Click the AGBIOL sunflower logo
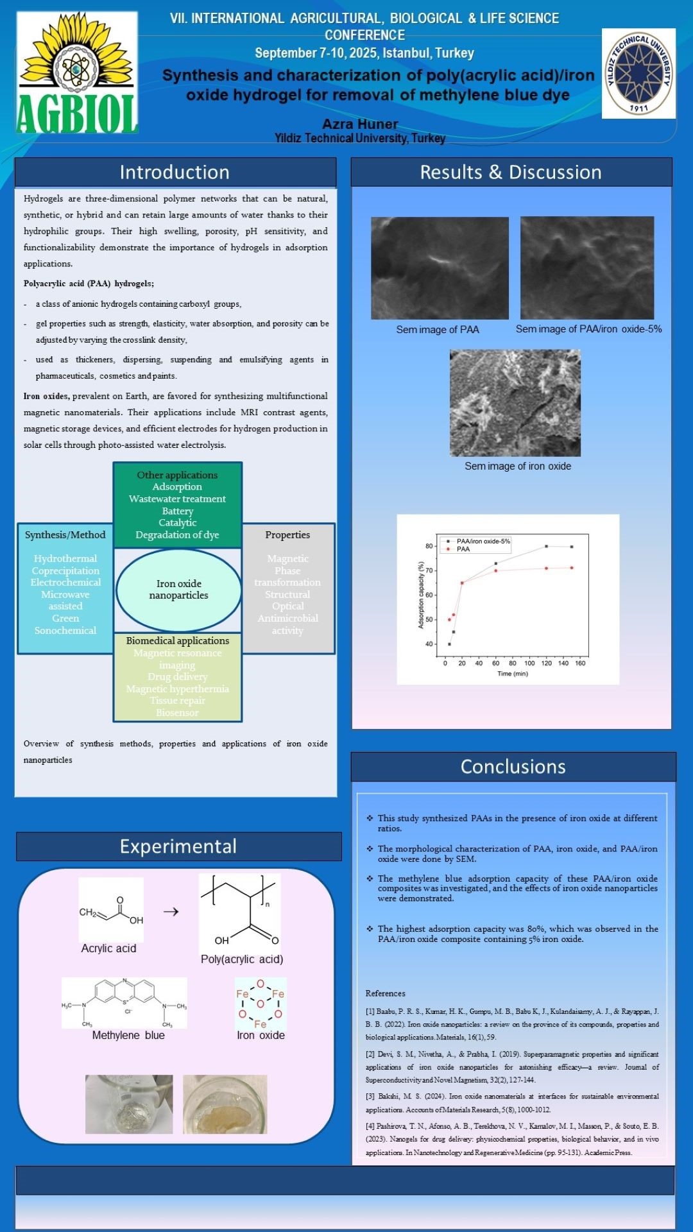tap(76, 72)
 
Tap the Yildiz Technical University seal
tap(638, 73)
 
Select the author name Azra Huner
tap(360, 124)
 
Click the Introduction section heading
tap(175, 172)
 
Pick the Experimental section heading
tap(178, 846)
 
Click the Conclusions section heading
tap(513, 766)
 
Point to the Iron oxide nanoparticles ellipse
tap(178, 589)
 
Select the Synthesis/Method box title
tap(65, 535)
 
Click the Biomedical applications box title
tap(177, 640)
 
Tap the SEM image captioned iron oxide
tap(515, 402)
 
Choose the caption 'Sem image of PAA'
tap(438, 329)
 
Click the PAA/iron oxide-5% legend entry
tap(482, 541)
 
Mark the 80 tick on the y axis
tap(429, 546)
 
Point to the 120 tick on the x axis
tap(546, 663)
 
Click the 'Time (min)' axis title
tap(512, 673)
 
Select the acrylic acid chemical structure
tap(111, 909)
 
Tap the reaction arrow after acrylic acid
tap(171, 911)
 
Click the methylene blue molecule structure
tap(124, 1002)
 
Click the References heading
tap(385, 993)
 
